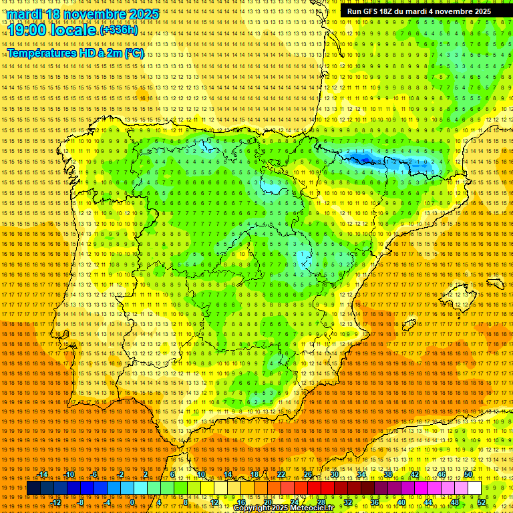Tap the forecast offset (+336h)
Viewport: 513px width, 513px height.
120,29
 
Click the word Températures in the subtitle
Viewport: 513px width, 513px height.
41,53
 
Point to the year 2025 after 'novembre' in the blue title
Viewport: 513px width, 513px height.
143,14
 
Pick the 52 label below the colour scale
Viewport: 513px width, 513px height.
482,502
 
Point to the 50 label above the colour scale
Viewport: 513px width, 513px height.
468,474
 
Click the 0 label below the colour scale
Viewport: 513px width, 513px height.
133,502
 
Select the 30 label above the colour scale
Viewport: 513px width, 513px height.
334,474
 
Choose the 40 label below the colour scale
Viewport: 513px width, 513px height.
401,502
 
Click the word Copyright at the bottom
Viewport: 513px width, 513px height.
252,508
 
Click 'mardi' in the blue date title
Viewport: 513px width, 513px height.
26,14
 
